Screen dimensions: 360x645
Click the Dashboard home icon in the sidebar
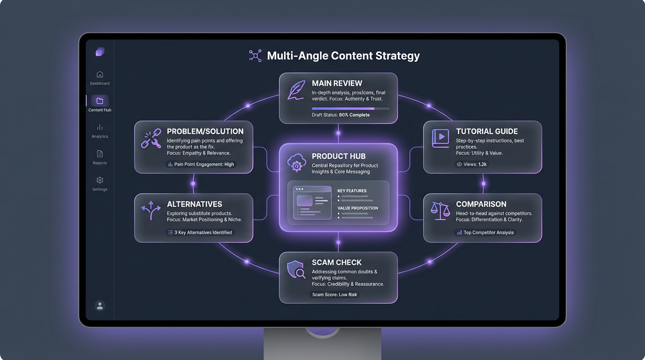pos(100,75)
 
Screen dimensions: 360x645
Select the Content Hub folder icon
pos(100,101)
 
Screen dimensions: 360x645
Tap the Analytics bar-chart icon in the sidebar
pos(100,127)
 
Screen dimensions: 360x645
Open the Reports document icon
pos(100,154)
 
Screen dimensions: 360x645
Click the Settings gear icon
pos(100,180)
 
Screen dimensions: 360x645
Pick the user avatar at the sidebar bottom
pos(99,306)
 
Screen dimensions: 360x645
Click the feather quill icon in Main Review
pos(296,90)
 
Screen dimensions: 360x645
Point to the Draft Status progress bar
pos(351,108)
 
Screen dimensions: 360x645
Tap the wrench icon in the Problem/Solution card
pos(151,139)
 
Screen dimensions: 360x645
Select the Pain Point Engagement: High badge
pos(201,165)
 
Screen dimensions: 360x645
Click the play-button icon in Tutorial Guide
pos(440,138)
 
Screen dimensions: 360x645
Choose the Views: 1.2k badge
pos(472,165)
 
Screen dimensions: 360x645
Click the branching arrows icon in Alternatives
pos(151,210)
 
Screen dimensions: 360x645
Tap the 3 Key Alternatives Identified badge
pos(200,232)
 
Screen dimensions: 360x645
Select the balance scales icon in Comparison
pos(440,211)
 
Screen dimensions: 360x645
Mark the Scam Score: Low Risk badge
pos(335,294)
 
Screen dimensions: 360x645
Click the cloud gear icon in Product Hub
pos(296,163)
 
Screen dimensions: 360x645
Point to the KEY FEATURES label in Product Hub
pos(352,191)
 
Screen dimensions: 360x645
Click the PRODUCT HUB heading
pos(338,156)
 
